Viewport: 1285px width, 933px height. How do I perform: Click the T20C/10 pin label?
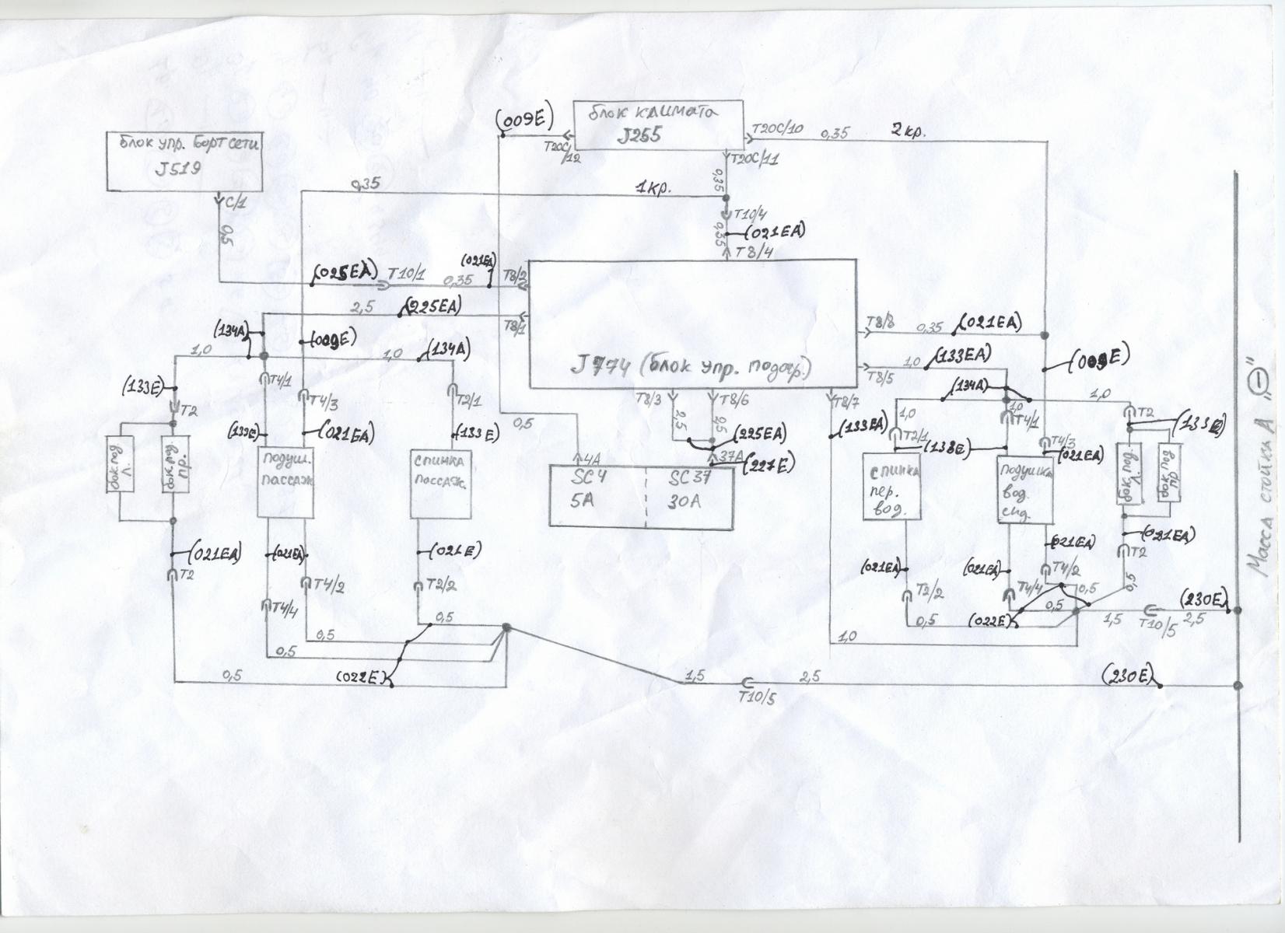pos(779,129)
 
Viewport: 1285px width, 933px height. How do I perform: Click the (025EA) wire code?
pos(346,271)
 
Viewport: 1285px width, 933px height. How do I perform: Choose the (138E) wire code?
pos(945,448)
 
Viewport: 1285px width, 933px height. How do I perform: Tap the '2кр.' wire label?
pos(908,131)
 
